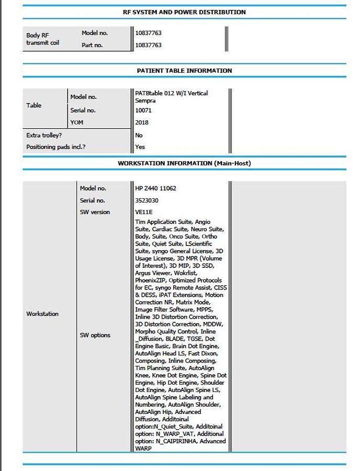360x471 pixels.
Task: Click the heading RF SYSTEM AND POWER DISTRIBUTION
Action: point(188,12)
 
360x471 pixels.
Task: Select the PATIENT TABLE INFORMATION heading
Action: point(184,71)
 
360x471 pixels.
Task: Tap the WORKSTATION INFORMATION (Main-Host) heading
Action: point(184,163)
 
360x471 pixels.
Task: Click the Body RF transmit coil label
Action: point(42,39)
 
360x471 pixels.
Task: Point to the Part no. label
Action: point(92,46)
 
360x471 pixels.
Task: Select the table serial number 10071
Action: point(143,110)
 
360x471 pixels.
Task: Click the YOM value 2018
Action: point(142,122)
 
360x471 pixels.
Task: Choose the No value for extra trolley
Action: point(139,135)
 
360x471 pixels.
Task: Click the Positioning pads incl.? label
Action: point(56,147)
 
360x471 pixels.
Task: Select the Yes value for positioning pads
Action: point(140,147)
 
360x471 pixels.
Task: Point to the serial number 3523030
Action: point(147,200)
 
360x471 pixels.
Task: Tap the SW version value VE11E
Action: point(143,212)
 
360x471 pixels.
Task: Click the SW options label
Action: point(95,335)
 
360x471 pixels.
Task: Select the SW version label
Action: point(95,212)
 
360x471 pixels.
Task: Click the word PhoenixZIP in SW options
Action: point(151,281)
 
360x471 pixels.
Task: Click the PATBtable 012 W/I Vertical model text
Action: point(171,93)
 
